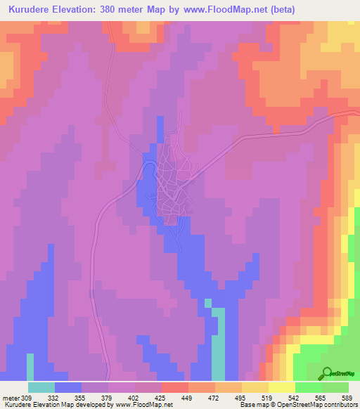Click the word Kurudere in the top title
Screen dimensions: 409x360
[34, 10]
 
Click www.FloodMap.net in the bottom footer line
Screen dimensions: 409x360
[143, 405]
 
